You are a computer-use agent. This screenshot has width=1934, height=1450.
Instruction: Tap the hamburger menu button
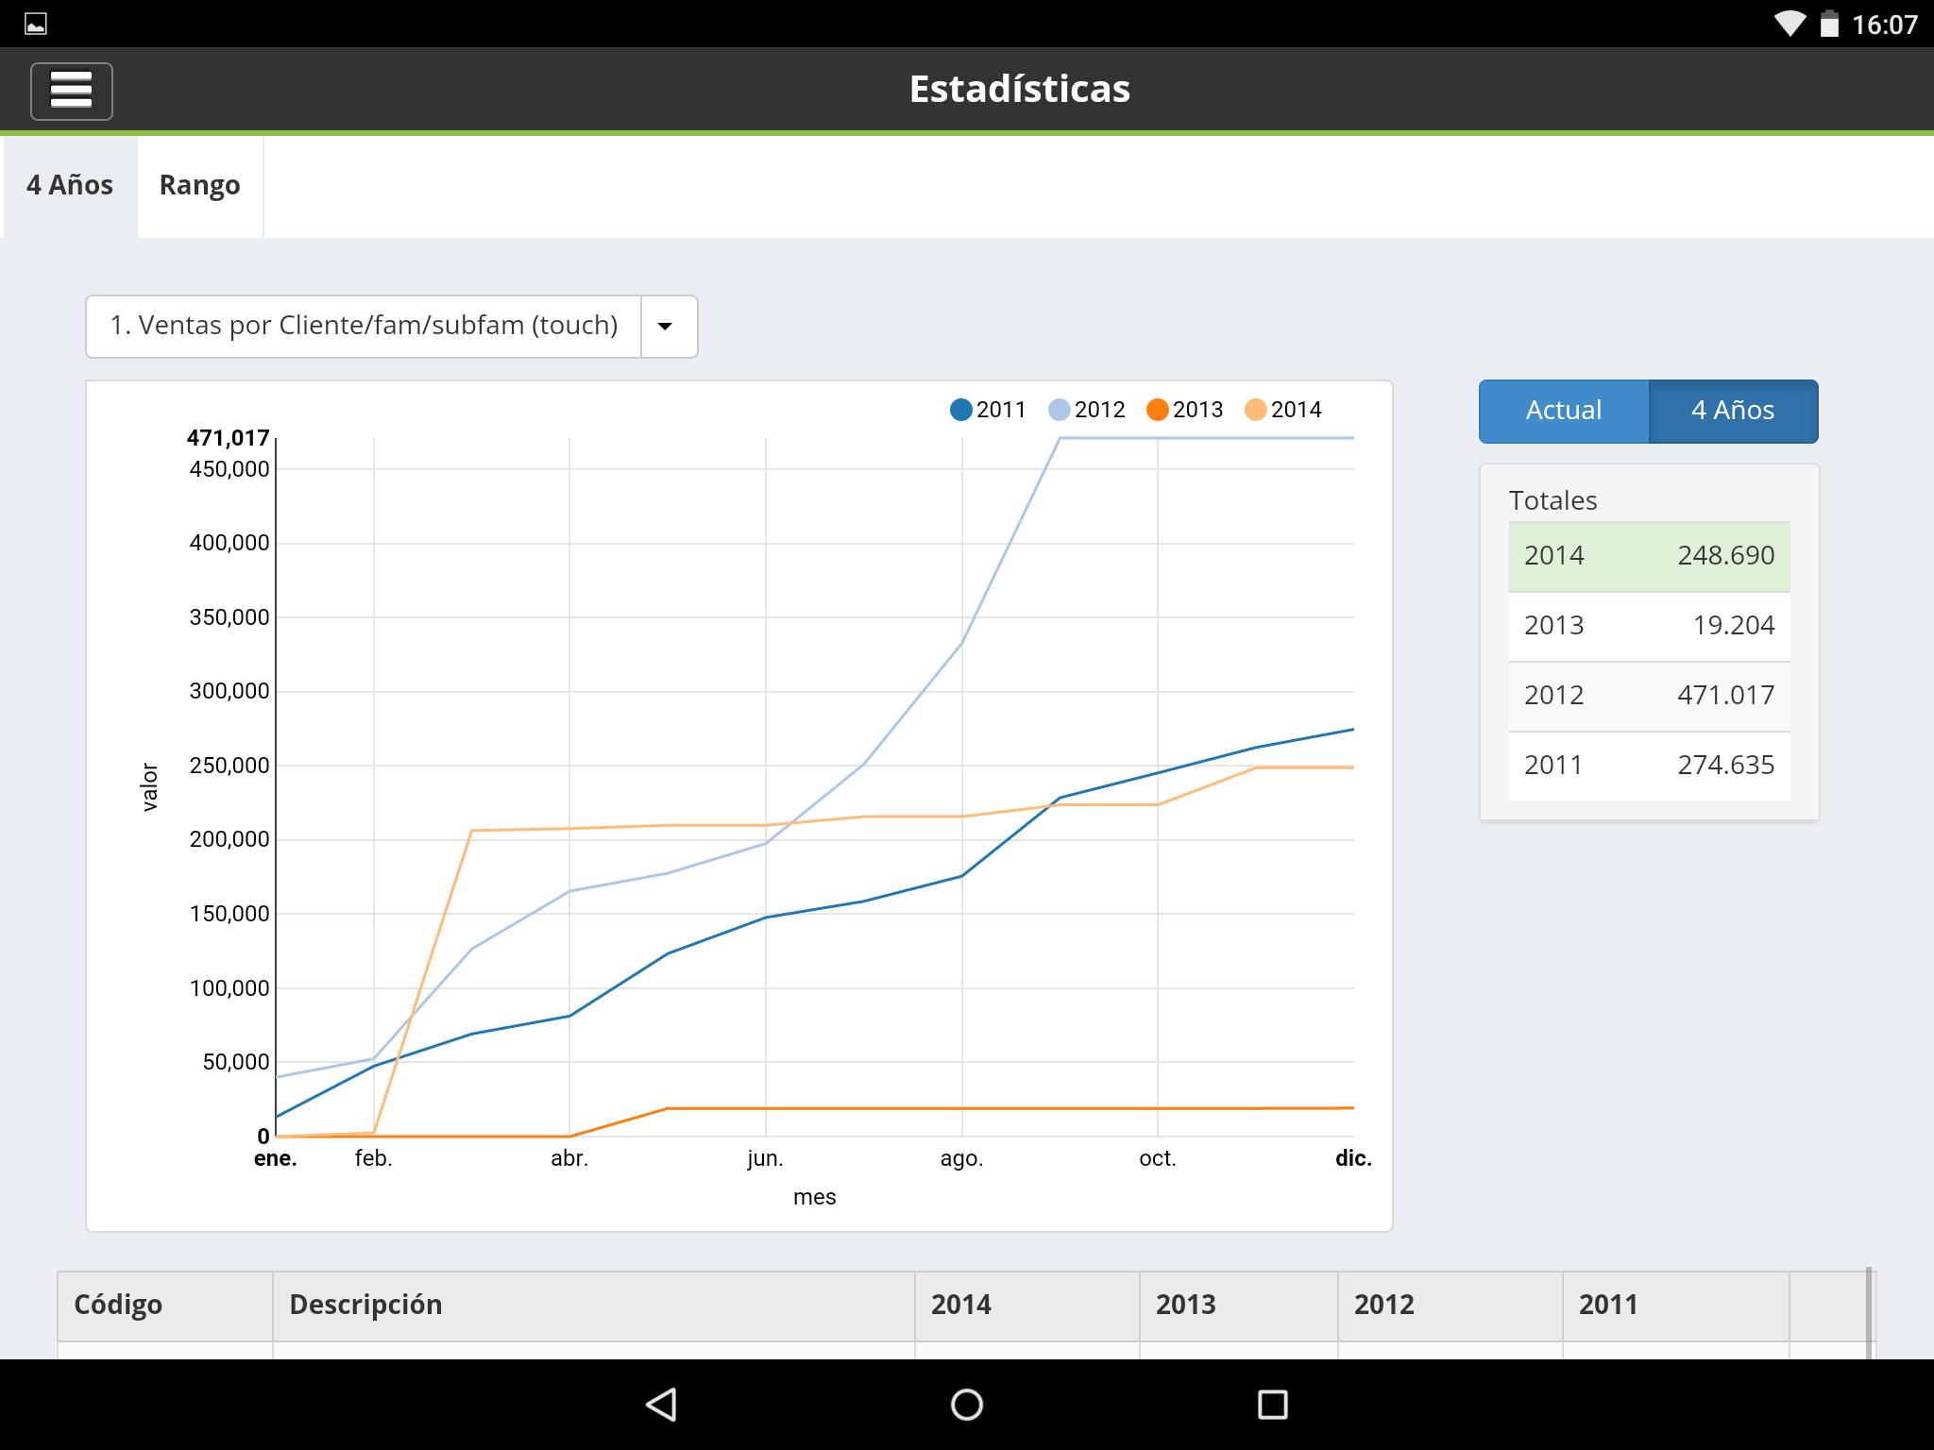coord(72,91)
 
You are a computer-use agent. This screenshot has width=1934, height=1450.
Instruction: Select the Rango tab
coord(199,185)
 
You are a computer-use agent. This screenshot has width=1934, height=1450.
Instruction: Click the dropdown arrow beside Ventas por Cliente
coord(665,327)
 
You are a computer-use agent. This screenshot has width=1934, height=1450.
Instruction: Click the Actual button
coord(1564,411)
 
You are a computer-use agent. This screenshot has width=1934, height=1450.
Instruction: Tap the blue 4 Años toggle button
coord(1733,411)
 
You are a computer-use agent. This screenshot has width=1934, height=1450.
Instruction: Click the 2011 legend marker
coord(961,410)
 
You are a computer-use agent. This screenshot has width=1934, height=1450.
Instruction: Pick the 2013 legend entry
coord(1185,410)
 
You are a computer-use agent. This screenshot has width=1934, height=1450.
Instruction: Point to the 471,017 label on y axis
coord(228,438)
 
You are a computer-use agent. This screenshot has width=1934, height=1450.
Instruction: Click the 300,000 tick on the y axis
coord(229,691)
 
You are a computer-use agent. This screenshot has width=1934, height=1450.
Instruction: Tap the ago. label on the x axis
coord(961,1158)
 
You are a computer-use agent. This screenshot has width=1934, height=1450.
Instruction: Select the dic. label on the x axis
coord(1353,1158)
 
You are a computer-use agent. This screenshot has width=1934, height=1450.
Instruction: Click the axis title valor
coord(149,787)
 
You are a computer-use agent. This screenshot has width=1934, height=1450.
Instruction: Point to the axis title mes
coord(814,1197)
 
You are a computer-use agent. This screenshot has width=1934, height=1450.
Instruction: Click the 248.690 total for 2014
coord(1725,556)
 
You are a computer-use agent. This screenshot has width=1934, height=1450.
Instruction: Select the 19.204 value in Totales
coord(1733,626)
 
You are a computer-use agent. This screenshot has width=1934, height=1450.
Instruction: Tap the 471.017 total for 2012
coord(1725,696)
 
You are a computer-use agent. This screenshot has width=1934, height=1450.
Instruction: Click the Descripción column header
coord(365,1305)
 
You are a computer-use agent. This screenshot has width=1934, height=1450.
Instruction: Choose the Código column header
coord(118,1305)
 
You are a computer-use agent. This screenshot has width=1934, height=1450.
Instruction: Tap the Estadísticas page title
coord(1019,89)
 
